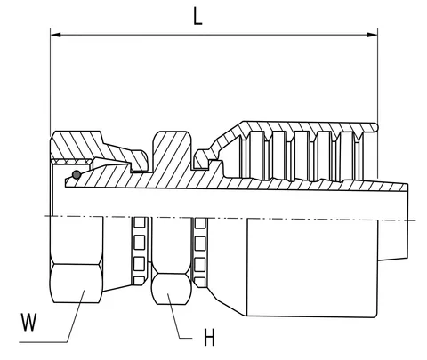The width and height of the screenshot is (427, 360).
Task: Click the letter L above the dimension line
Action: (x=197, y=16)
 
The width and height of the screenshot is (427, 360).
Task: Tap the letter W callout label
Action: (x=28, y=322)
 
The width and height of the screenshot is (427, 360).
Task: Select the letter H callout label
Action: (x=209, y=337)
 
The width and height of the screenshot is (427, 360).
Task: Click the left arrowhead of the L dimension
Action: (x=56, y=35)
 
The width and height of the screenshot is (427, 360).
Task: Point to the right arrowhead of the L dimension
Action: (x=372, y=35)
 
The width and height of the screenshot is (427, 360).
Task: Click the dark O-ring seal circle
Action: (x=77, y=175)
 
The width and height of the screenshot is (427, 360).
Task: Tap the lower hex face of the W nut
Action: (x=77, y=284)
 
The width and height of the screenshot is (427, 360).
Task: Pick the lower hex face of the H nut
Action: (x=171, y=289)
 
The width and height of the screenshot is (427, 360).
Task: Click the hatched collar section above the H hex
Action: (x=171, y=151)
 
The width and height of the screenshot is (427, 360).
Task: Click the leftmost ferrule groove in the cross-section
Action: (x=256, y=155)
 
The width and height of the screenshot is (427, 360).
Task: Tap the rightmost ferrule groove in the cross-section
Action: (x=347, y=156)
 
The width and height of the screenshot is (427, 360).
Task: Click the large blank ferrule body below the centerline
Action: (x=312, y=268)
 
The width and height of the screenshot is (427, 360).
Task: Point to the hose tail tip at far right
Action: (x=407, y=222)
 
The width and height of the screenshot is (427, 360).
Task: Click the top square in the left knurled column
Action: (x=140, y=222)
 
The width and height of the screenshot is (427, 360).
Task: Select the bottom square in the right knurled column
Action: (x=200, y=282)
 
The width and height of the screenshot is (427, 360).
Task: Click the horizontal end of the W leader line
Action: (x=44, y=342)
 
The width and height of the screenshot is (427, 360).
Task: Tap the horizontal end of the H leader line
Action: (x=186, y=338)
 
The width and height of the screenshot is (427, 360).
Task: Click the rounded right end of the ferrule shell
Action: (x=375, y=128)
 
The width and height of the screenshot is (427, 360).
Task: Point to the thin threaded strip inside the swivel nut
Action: (x=72, y=162)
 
